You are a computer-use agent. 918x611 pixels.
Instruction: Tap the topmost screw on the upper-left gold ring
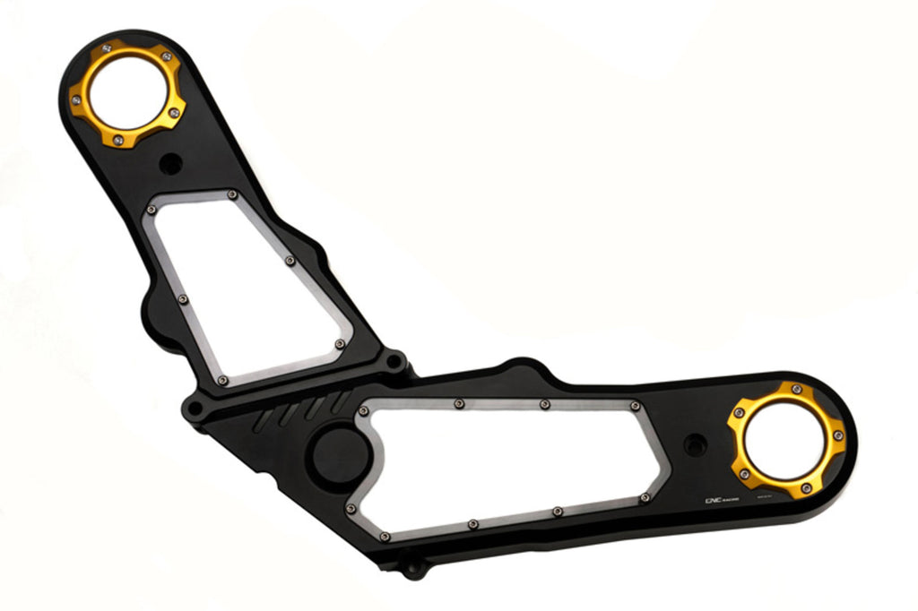(108, 47)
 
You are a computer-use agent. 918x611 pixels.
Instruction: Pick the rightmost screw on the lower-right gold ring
(838, 435)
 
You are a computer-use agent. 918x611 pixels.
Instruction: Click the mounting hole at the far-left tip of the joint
(193, 409)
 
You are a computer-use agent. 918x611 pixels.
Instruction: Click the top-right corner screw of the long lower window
(635, 406)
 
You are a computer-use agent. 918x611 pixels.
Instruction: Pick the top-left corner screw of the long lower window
(363, 411)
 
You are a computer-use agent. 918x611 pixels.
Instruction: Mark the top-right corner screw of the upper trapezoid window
(232, 194)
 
